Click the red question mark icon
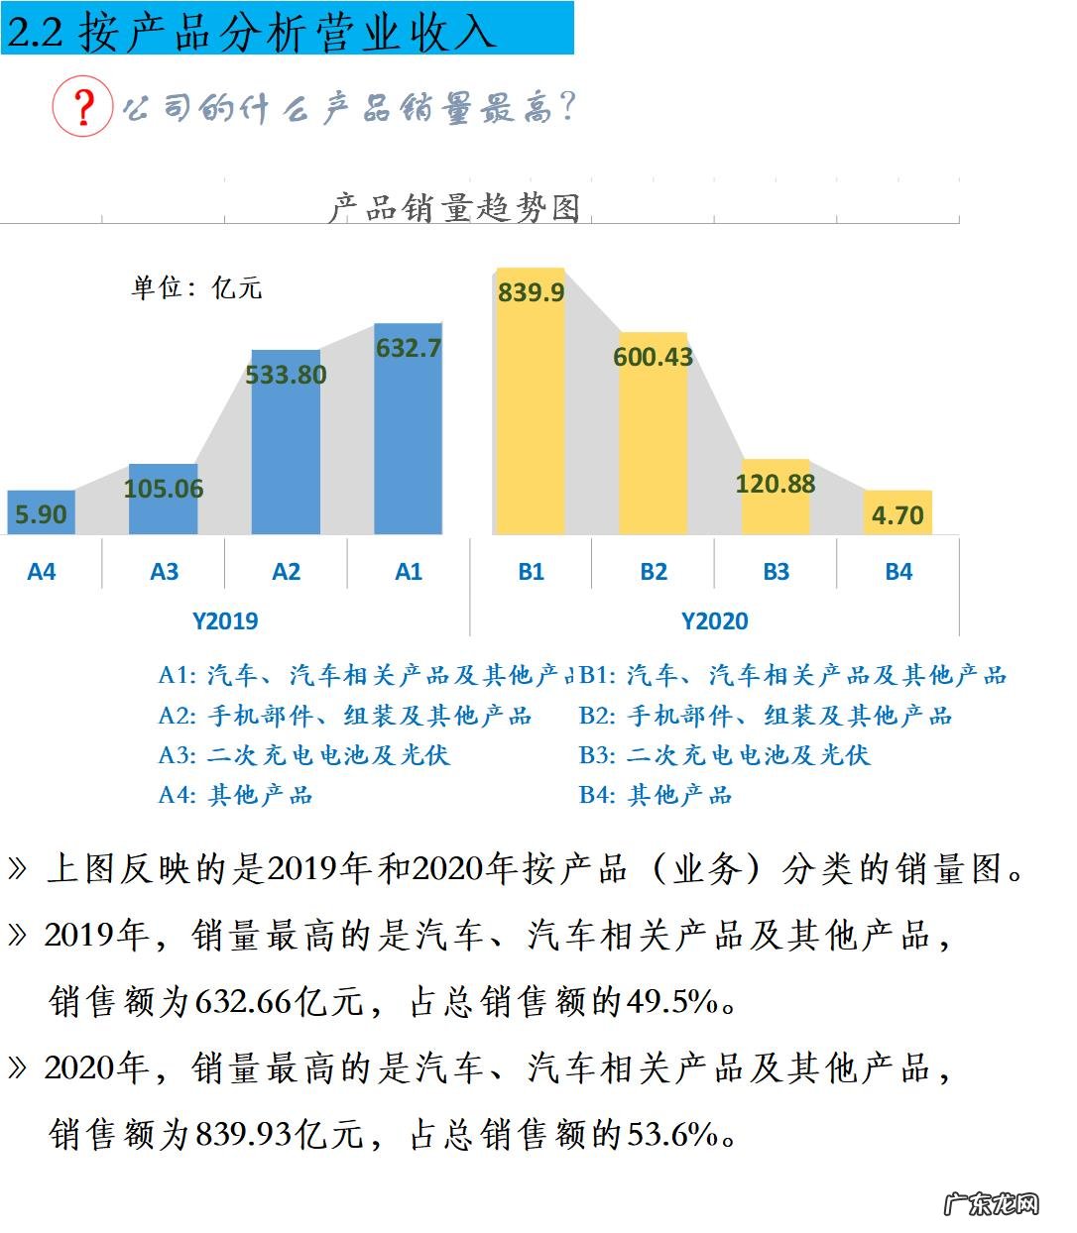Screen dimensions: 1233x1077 (x=83, y=105)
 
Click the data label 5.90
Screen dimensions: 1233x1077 (x=42, y=514)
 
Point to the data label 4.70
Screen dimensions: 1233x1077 (x=897, y=515)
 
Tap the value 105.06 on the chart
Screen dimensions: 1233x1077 (x=164, y=489)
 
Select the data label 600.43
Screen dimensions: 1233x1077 (x=653, y=357)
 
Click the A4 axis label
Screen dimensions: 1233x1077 (x=42, y=572)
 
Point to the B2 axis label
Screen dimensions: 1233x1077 (x=654, y=572)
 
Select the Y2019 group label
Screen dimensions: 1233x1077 (x=225, y=621)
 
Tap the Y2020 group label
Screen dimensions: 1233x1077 (x=714, y=621)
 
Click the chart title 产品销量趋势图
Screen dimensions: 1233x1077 (x=454, y=208)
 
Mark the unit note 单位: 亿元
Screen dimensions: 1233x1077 (x=196, y=287)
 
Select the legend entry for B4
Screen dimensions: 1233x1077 (x=656, y=795)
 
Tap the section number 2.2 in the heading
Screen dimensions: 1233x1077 (x=36, y=33)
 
